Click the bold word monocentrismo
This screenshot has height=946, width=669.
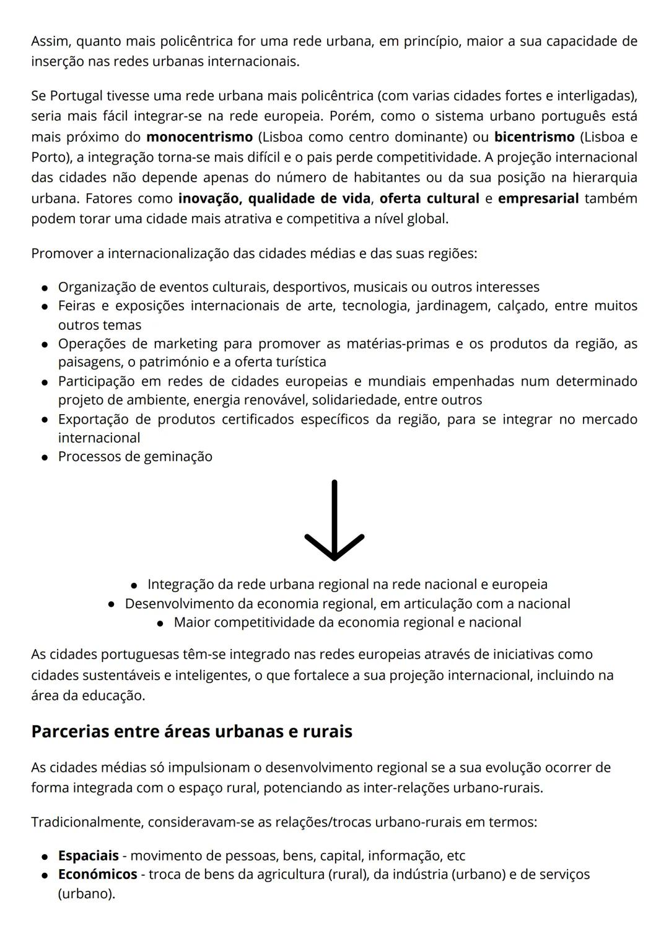(x=199, y=136)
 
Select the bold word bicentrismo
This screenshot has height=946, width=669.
(x=534, y=136)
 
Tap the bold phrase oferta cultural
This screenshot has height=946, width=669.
(x=429, y=198)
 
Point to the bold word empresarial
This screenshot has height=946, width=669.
(x=538, y=198)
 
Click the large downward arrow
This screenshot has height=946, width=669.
(x=334, y=521)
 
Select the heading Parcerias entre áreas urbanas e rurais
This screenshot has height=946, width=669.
(x=191, y=732)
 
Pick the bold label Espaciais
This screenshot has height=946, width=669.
(x=88, y=855)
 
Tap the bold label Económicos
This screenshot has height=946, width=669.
(x=97, y=874)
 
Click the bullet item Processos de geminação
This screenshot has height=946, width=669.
(x=135, y=456)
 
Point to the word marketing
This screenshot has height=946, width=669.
(x=185, y=343)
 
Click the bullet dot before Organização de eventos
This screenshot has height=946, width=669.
(x=45, y=288)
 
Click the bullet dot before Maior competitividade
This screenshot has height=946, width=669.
(x=160, y=623)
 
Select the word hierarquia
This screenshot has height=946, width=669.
(x=605, y=177)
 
